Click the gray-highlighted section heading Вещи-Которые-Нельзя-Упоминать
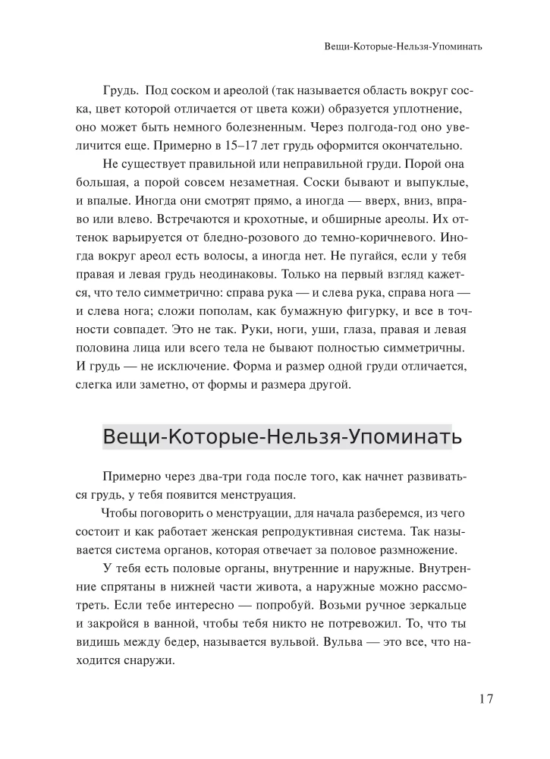click(x=276, y=437)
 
